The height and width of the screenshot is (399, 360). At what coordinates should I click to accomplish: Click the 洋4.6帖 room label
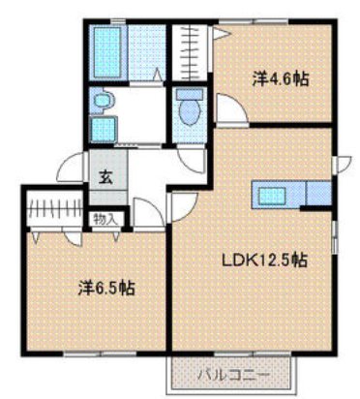[x=280, y=79]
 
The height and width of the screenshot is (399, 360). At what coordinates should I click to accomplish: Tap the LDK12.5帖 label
[x=264, y=260]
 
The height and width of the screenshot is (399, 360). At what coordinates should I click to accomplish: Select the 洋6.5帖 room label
[x=106, y=288]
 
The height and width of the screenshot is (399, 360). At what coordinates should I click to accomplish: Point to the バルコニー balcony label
[x=233, y=376]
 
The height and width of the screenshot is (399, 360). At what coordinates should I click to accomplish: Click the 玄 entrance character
[x=106, y=177]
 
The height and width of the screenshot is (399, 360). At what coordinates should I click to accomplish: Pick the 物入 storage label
[x=105, y=220]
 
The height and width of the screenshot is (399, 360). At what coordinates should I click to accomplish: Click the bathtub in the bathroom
[x=107, y=52]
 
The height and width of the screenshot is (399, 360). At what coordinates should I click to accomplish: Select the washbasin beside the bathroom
[x=104, y=101]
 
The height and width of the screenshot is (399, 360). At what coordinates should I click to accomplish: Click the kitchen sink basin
[x=273, y=196]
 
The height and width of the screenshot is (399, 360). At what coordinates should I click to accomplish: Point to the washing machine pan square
[x=104, y=129]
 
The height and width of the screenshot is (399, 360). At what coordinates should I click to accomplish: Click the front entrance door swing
[x=72, y=168]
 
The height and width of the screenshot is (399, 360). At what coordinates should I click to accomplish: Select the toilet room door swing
[x=192, y=161]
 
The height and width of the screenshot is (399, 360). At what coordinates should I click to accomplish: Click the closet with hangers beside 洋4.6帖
[x=190, y=53]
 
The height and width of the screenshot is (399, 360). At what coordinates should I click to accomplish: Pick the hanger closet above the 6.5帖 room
[x=54, y=208]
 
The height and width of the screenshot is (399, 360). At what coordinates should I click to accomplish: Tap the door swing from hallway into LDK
[x=183, y=207]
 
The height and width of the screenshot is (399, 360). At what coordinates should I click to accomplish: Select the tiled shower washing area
[x=147, y=53]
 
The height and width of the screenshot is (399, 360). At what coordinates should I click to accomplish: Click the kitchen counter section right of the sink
[x=318, y=194]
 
